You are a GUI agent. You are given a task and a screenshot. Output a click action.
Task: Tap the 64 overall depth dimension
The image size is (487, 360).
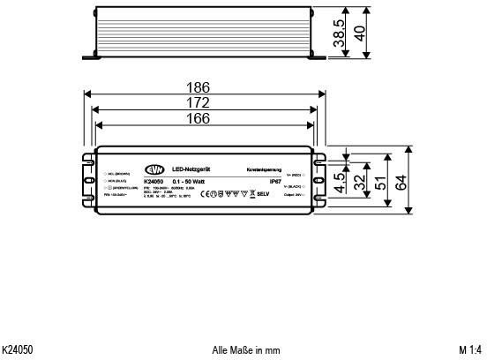click(x=402, y=182)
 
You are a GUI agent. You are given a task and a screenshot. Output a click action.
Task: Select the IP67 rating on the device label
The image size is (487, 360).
click(x=274, y=181)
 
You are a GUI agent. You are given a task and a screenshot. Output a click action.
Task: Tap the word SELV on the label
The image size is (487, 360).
click(x=263, y=192)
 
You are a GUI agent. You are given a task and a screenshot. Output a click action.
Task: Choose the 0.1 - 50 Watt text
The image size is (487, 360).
click(x=190, y=181)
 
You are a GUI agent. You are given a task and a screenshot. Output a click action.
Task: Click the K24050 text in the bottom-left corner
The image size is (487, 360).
click(x=18, y=350)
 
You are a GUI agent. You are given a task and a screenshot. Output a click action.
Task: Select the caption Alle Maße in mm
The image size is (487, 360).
click(x=246, y=350)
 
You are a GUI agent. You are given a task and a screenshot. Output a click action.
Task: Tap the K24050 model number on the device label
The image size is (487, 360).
click(x=154, y=181)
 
